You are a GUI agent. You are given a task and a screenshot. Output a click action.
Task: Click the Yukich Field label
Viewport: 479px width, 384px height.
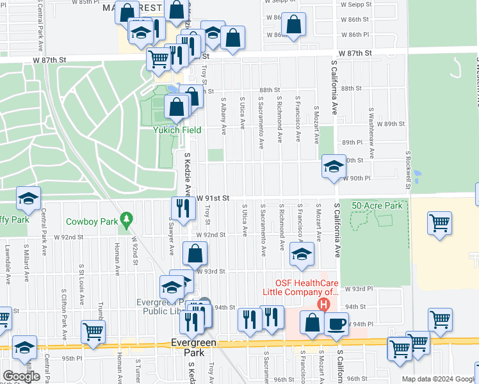point(177,130)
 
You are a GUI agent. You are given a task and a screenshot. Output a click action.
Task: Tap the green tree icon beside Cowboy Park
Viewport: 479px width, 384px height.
point(127,221)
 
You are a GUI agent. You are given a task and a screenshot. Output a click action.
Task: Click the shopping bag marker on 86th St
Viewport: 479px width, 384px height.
point(293,25)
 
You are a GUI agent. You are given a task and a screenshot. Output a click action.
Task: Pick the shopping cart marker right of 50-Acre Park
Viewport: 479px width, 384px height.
point(440,224)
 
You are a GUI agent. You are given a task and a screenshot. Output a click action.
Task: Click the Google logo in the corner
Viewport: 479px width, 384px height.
point(22,376)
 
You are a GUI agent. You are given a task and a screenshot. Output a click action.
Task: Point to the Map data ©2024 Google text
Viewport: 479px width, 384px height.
point(438,379)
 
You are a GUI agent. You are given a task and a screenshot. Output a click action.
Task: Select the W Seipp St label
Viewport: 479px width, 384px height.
point(357,4)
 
